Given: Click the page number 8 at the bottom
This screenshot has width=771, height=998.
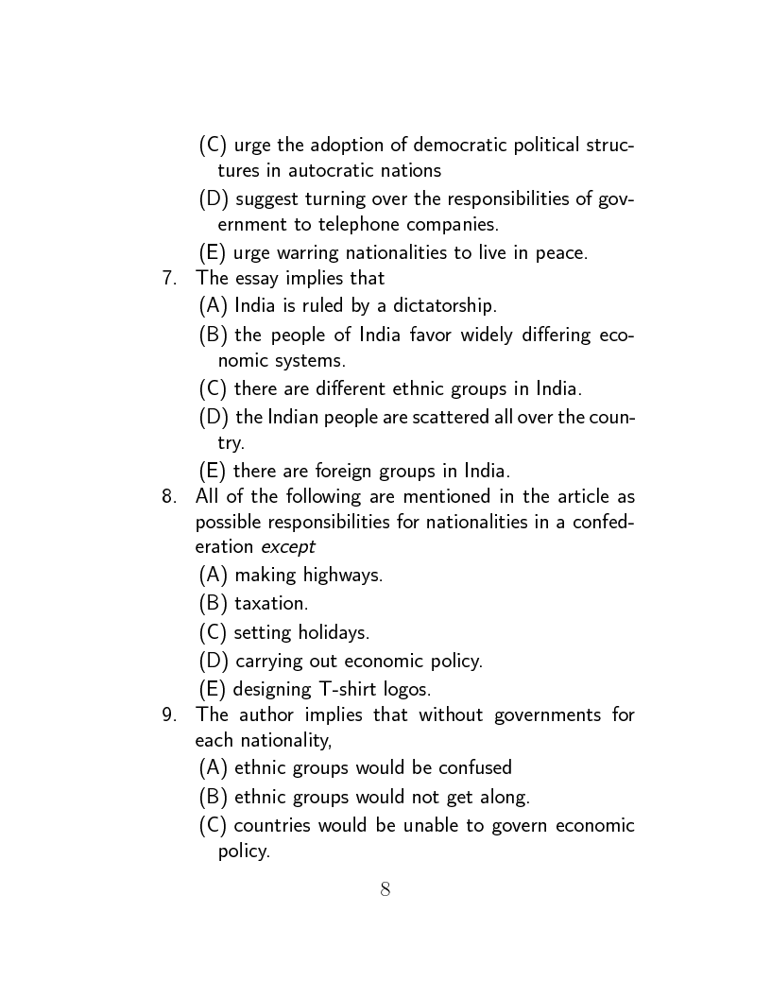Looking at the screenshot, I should (x=385, y=888).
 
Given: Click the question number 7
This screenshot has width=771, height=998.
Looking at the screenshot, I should (x=168, y=278).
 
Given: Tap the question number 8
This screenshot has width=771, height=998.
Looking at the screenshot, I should (x=168, y=496).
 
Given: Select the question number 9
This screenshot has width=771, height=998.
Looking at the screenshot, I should (x=168, y=714).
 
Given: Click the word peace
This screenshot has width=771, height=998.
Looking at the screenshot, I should (x=561, y=252).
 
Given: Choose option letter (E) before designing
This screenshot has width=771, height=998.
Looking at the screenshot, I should (x=213, y=689).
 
